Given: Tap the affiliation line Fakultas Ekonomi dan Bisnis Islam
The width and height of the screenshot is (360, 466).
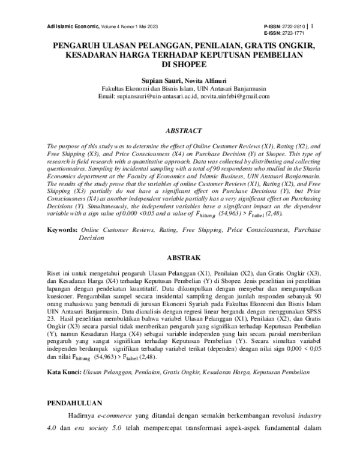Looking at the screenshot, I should pyautogui.click(x=150, y=88).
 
